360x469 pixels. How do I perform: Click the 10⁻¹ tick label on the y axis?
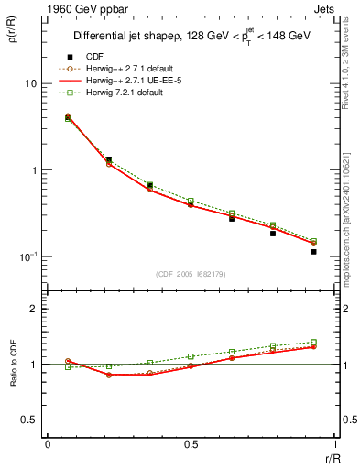click(x=27, y=257)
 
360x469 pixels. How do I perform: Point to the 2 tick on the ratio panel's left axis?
click(x=34, y=310)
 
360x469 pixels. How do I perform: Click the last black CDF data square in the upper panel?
click(x=313, y=251)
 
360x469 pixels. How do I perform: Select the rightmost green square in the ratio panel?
click(x=313, y=342)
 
